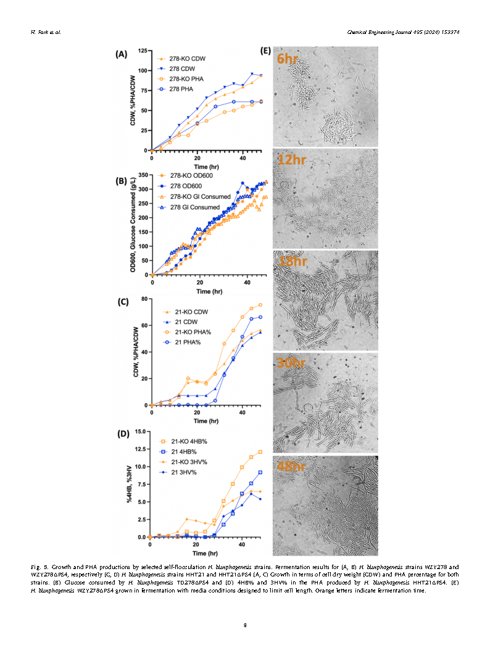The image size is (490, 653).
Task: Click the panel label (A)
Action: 120,54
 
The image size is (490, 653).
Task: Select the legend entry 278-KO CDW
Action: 187,59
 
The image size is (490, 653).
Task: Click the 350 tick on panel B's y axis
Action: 144,176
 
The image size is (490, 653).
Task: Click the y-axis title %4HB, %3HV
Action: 130,485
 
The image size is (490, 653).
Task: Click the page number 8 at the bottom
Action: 245,625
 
